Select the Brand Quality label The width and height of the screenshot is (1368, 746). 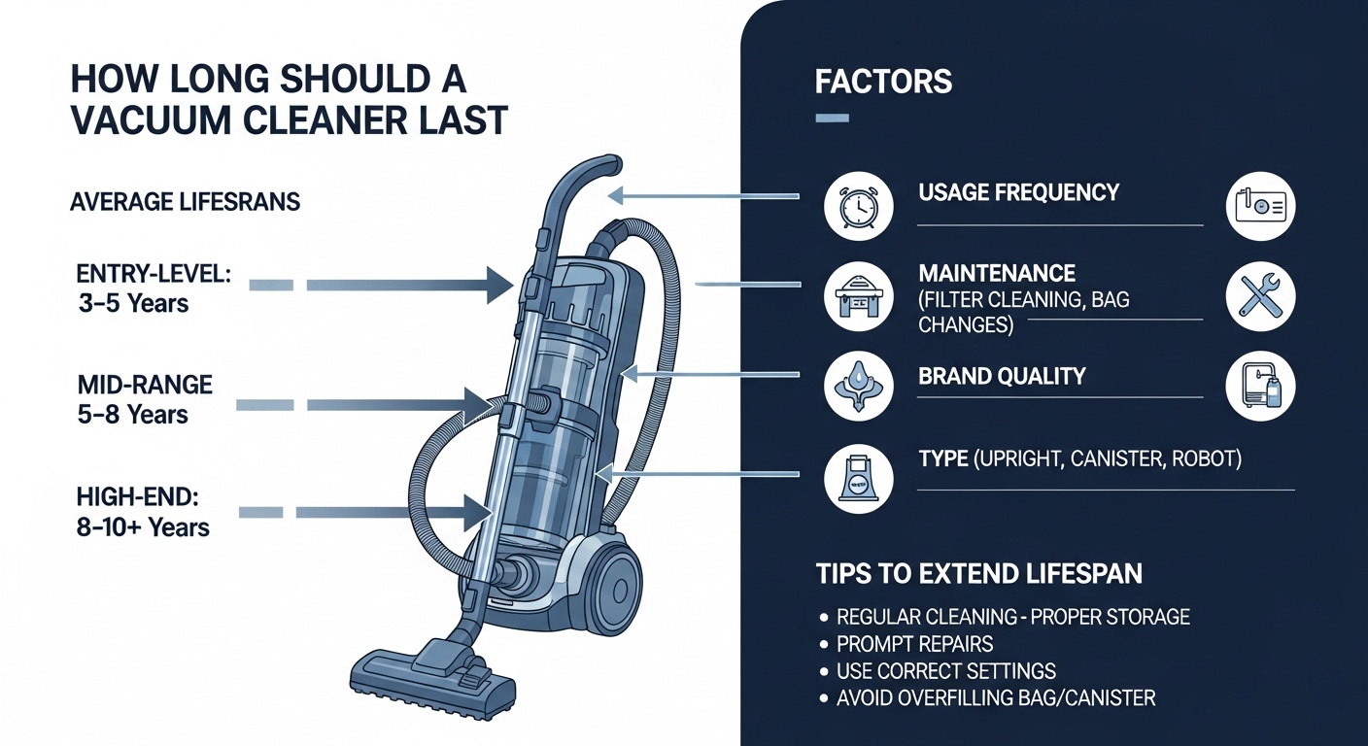[1002, 376]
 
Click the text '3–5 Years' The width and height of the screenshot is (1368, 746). [133, 303]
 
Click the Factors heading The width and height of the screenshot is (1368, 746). [883, 82]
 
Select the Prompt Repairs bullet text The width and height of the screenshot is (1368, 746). [914, 644]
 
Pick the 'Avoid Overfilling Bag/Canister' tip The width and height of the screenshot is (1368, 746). [996, 697]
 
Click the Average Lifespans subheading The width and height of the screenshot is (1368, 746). [185, 203]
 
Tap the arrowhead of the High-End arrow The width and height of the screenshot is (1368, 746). [478, 511]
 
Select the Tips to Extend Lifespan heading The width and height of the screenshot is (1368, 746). [978, 573]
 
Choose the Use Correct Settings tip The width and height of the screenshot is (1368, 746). [945, 670]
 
